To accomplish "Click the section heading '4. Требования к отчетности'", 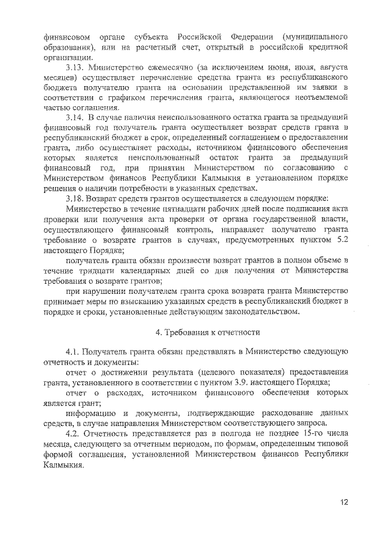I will click(207, 332).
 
